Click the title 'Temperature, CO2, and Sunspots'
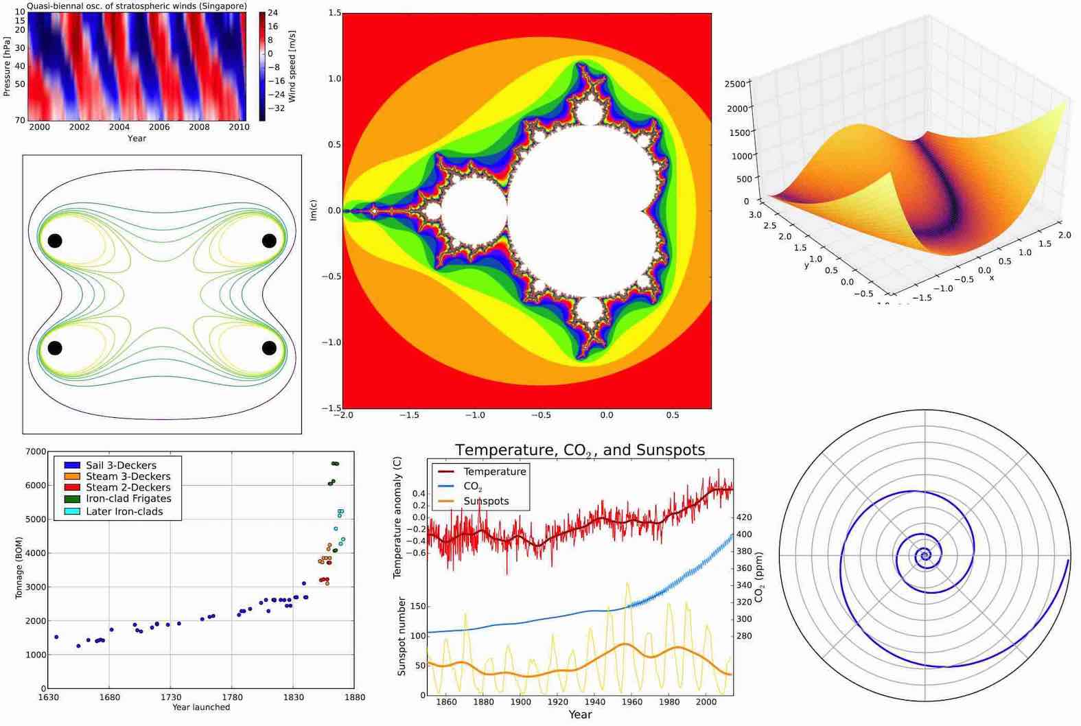coord(580,450)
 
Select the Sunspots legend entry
coord(486,501)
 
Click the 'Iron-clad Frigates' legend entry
coord(128,499)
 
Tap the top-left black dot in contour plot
coord(55,241)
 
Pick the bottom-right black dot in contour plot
coord(269,348)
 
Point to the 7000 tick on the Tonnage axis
coord(36,452)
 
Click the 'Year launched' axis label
coord(201,707)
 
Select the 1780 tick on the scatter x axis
coord(232,697)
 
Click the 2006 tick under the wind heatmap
coord(159,127)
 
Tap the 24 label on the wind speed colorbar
coord(272,13)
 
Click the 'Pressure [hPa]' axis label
coord(7,66)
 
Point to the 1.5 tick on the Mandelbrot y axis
coord(334,13)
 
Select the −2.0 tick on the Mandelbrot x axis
coord(343,415)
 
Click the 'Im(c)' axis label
coord(313,210)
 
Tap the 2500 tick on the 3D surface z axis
coord(734,84)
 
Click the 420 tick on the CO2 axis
coord(743,517)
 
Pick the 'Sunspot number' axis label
coord(402,635)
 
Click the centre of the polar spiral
coord(925,555)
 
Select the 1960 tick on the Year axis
coord(631,702)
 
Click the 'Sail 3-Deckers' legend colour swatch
coord(72,465)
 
